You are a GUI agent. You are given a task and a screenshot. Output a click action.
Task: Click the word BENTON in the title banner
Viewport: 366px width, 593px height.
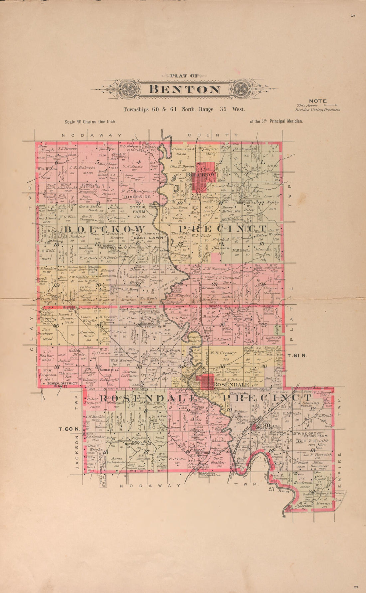point(184,89)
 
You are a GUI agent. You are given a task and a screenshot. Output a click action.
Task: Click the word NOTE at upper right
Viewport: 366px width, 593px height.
point(318,101)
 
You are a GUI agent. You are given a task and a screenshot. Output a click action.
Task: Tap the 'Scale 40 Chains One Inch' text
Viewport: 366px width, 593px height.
point(91,122)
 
